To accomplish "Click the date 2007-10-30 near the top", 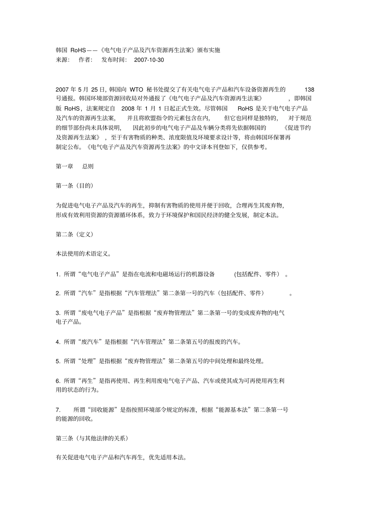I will tap(149, 60).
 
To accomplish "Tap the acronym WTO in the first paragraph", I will tap(136, 89).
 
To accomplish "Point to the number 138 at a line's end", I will tap(309, 89).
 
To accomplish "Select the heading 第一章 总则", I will tap(75, 166).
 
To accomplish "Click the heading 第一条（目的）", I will tap(75, 186).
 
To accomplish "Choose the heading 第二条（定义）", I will tap(75, 234).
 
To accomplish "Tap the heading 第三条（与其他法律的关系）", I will tap(92, 438).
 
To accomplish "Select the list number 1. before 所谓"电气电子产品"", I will tap(58, 274).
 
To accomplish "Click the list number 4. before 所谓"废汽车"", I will tap(58, 342).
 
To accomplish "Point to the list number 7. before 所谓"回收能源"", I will tap(58, 410).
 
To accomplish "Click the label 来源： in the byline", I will tap(63, 60).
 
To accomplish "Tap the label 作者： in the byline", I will tap(86, 60).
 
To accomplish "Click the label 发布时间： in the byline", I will tap(115, 60).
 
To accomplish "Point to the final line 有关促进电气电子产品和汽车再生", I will tap(121, 458).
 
